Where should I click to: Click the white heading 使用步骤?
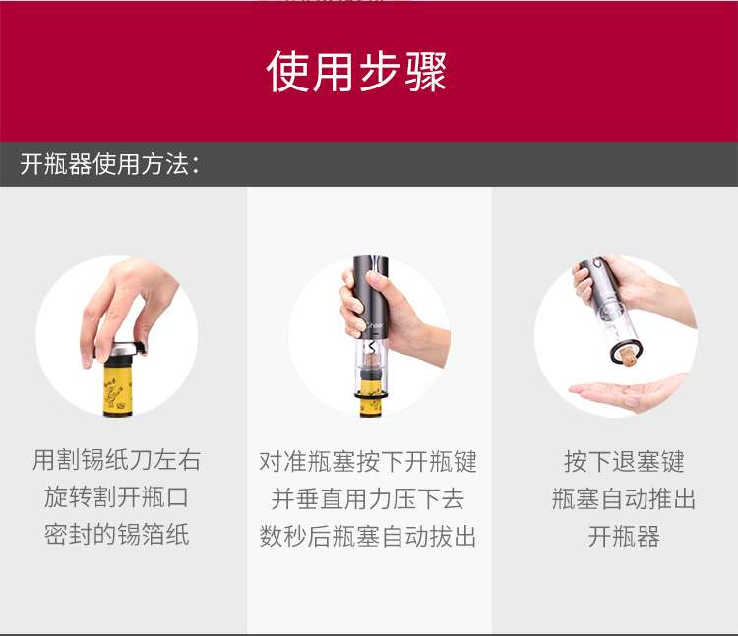pos(356,72)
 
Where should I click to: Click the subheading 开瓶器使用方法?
pos(109,164)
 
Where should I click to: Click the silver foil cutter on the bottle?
pos(120,350)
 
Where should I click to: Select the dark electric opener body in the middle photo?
pos(371,296)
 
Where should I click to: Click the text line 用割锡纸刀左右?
pos(117,460)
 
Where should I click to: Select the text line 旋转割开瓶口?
pos(117,497)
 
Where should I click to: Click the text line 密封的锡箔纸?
pos(117,535)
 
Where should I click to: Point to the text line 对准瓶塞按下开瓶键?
pos(368,462)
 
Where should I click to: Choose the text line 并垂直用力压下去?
pos(368,498)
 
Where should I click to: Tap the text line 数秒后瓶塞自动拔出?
pos(368,536)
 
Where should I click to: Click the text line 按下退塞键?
pos(624,462)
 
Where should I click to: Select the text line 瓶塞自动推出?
pos(624,498)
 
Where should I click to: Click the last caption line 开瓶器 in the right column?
pos(624,536)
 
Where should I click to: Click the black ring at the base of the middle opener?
pos(371,396)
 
